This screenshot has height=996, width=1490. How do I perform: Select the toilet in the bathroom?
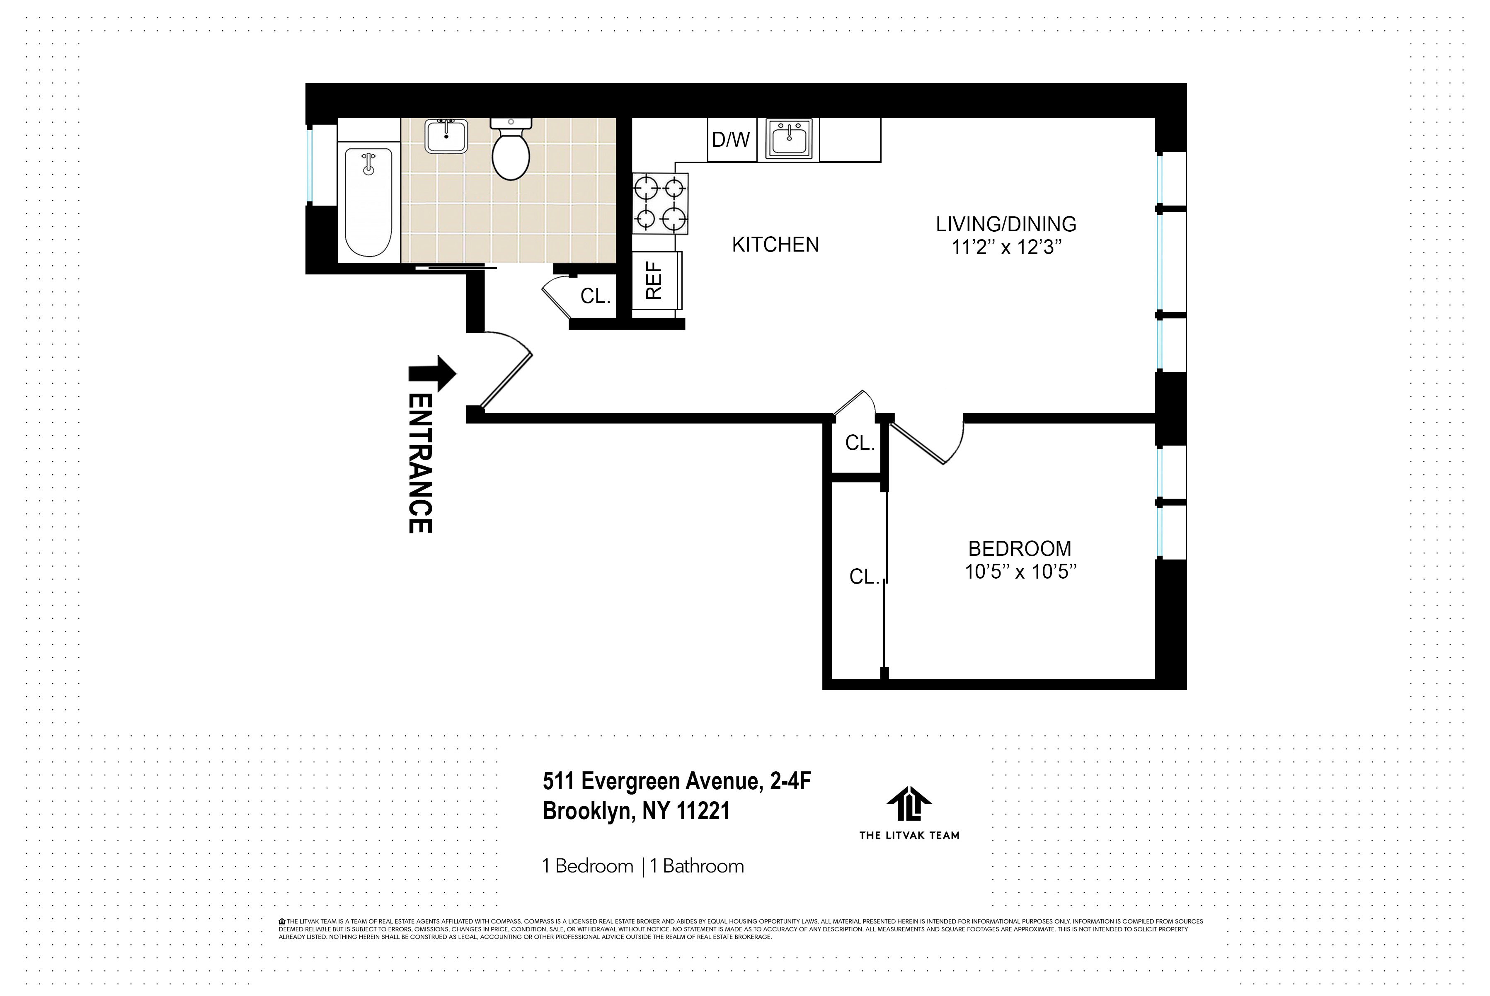pos(511,153)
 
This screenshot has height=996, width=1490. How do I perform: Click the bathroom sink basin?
pos(446,136)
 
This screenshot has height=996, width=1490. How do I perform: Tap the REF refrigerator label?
pos(654,281)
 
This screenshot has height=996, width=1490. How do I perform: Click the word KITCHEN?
pos(775,245)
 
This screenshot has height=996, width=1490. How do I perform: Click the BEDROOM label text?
pos(1019,548)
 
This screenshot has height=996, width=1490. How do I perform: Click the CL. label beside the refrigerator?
pos(595,296)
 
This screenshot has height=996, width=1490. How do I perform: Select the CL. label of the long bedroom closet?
pos(864,577)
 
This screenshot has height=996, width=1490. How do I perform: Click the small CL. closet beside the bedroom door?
pos(859,443)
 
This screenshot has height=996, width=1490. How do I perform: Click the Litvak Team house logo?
pos(909,804)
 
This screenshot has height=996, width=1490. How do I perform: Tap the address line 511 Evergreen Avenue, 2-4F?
pos(676,780)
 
